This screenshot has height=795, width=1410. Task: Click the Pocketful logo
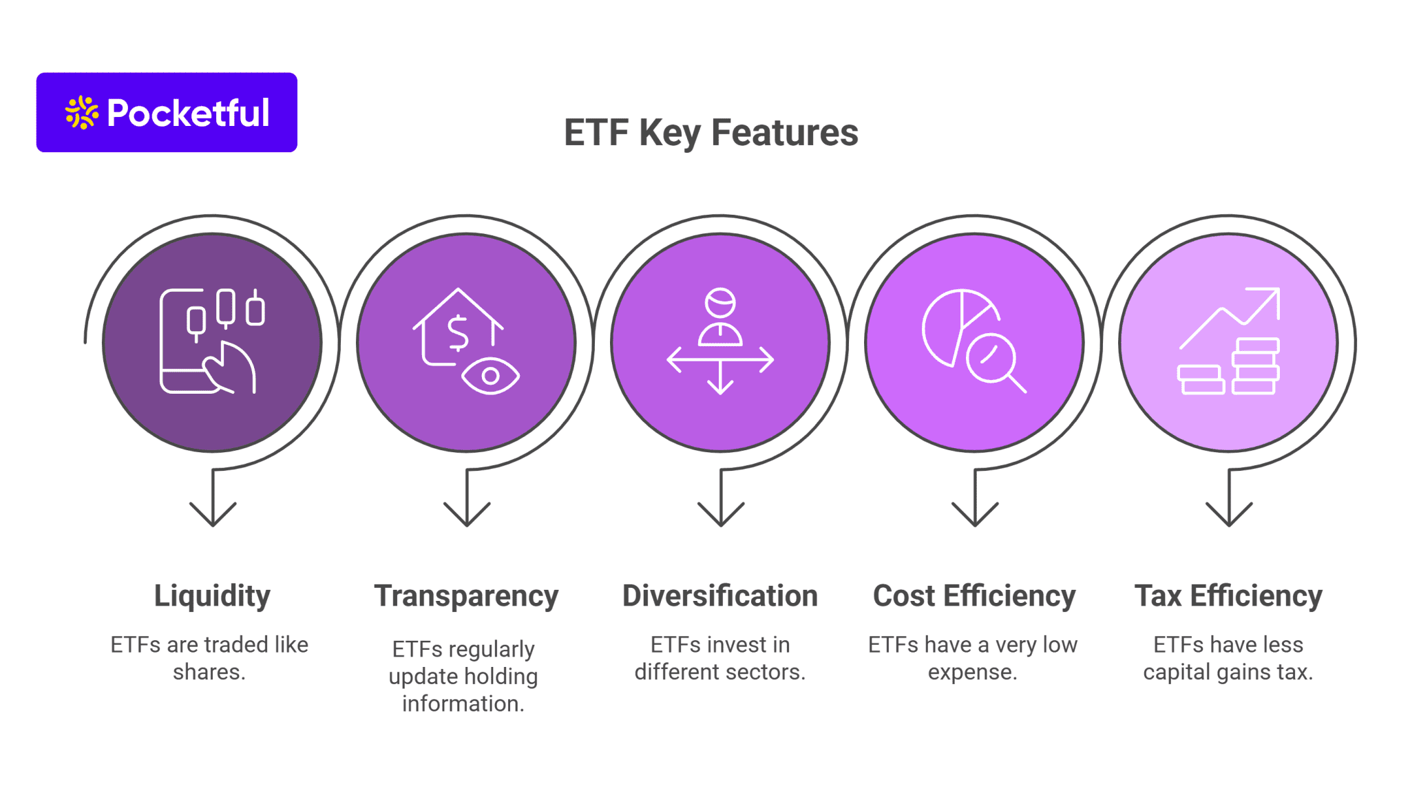[167, 112]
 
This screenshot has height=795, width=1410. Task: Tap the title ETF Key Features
[711, 132]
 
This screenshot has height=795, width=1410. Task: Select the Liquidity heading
[212, 595]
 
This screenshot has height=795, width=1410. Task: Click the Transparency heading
[466, 595]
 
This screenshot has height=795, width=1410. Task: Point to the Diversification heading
[720, 595]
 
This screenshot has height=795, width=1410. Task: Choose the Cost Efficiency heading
[974, 595]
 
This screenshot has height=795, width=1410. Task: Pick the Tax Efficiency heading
[1228, 595]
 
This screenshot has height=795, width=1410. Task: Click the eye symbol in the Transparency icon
[490, 376]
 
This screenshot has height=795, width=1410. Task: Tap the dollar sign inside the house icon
[458, 333]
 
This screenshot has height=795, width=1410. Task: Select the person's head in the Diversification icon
[720, 302]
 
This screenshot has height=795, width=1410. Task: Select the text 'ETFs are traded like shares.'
[209, 658]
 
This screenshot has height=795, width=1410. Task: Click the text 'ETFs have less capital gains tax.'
[1228, 658]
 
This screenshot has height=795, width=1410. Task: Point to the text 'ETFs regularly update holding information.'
[463, 676]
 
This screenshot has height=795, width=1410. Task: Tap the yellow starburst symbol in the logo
[82, 112]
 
